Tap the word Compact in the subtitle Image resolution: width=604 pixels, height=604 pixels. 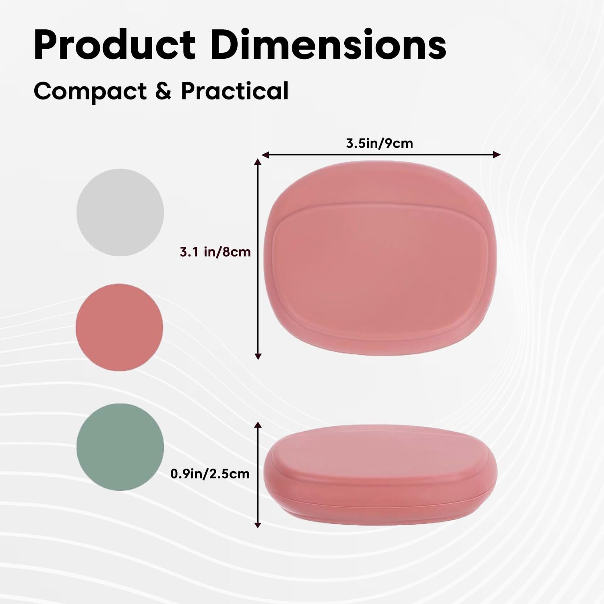[x=90, y=92]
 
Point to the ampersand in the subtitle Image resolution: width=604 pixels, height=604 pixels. [x=163, y=91]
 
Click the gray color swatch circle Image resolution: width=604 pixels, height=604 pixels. [x=120, y=212]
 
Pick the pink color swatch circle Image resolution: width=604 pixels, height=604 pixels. [x=119, y=327]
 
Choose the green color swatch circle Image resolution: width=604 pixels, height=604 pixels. [x=120, y=447]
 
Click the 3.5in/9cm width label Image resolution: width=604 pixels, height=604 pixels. [x=379, y=143]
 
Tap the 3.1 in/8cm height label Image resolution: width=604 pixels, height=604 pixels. [x=215, y=252]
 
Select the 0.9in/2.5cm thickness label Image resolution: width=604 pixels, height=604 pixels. [x=210, y=474]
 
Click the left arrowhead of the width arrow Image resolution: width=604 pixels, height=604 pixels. [x=265, y=155]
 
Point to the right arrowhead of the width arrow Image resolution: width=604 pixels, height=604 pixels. [x=497, y=155]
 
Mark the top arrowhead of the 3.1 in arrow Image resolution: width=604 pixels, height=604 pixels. [x=258, y=162]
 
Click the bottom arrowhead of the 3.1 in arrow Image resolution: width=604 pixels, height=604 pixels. [x=258, y=356]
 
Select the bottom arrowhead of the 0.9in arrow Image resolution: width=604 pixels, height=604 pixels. [x=258, y=524]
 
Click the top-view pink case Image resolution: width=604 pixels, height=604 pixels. [x=380, y=258]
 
